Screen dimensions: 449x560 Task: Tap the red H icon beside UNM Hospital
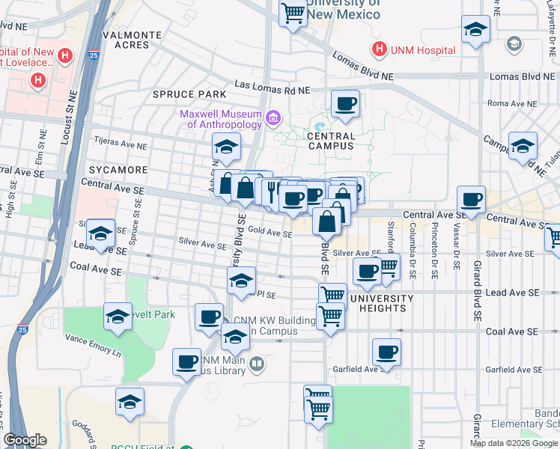click(x=380, y=50)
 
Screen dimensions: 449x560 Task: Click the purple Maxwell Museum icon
click(x=273, y=118)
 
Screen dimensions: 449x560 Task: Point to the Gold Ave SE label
click(x=270, y=233)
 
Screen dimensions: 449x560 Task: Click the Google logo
click(x=25, y=440)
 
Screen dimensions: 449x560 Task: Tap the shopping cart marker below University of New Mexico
click(x=293, y=12)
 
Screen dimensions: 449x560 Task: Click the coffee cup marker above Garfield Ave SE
click(x=386, y=352)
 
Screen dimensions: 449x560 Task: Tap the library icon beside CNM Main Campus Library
click(x=258, y=364)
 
